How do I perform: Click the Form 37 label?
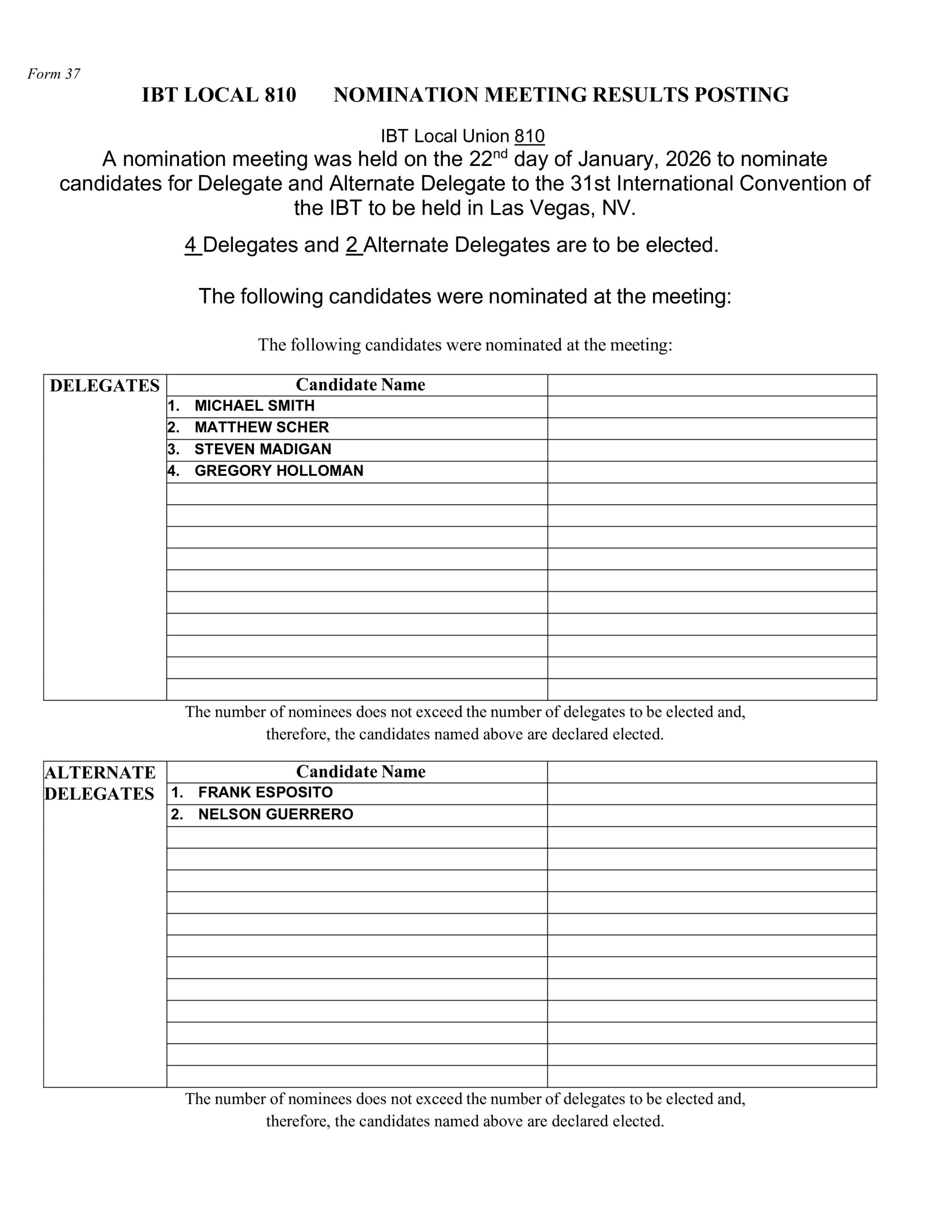[x=54, y=74]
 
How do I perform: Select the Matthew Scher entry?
[x=261, y=427]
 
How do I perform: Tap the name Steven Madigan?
[x=263, y=449]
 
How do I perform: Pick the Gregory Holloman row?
[x=279, y=471]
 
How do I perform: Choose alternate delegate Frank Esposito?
[x=265, y=792]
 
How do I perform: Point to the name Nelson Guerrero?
[x=275, y=814]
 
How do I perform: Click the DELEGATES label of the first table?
[x=104, y=385]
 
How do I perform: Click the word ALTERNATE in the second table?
[x=100, y=772]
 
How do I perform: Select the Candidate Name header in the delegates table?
[x=360, y=384]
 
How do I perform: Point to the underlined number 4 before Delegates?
[x=191, y=244]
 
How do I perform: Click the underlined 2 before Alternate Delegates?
[x=352, y=244]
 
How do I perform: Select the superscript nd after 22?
[x=499, y=154]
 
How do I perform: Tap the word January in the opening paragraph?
[x=618, y=159]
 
